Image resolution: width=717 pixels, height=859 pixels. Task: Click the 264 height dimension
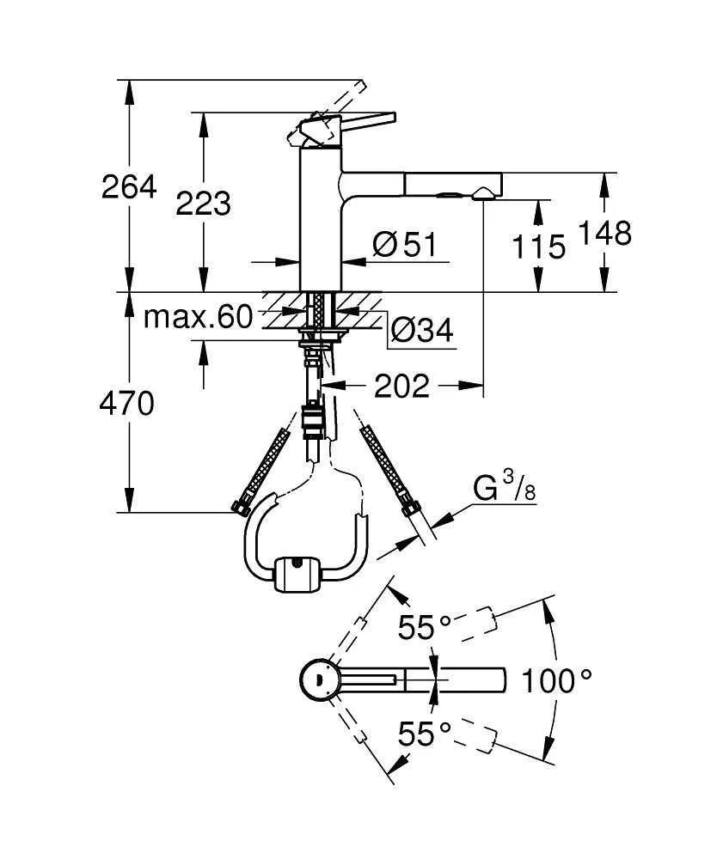pos(129,186)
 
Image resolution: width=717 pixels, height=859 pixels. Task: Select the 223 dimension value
pos(203,204)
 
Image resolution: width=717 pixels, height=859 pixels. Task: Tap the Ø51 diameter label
pos(405,246)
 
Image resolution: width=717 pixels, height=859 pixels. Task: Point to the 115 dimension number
pos(539,247)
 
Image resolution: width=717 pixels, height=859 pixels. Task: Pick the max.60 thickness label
pos(198,318)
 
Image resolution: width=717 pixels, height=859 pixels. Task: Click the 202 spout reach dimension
pos(401,387)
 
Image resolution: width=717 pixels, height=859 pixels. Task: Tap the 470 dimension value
pos(127,403)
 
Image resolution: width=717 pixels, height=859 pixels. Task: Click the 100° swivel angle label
pos(557,682)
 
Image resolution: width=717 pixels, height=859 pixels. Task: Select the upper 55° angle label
pos(424,628)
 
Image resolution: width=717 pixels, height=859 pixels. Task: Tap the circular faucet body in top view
pos(319,681)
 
